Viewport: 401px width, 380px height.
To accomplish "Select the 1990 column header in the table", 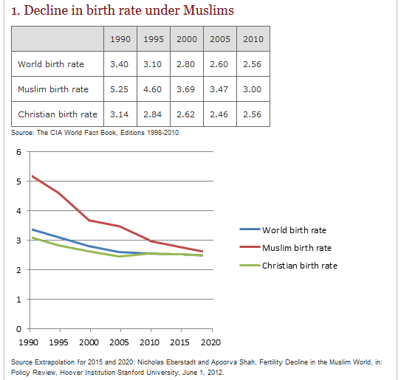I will pos(119,39).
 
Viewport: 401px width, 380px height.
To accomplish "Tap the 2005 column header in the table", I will pos(219,39).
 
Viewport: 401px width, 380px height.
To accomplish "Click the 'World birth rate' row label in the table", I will pos(51,64).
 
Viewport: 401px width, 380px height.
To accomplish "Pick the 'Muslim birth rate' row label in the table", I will pos(53,89).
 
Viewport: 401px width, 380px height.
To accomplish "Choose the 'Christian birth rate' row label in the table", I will pos(58,114).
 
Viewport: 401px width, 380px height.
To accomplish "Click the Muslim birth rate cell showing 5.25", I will pos(119,89).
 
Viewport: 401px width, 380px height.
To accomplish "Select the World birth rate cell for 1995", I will pos(152,64).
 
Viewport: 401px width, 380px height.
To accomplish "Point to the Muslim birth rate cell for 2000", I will pos(185,89).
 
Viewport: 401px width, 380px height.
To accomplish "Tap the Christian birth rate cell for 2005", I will pos(219,114).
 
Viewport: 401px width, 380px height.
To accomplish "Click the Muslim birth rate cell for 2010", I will pos(252,89).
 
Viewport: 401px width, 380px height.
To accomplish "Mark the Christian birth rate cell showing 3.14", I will pos(119,114).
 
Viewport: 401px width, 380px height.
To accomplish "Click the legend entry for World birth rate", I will pos(293,230).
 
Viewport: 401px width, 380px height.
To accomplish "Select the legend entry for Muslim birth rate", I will pos(296,248).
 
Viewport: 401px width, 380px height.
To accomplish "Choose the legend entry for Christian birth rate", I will pos(299,265).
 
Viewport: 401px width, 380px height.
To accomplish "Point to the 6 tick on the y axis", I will pos(18,152).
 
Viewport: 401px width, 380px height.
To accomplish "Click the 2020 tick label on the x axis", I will pos(211,342).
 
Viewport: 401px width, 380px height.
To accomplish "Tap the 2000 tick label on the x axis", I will pos(89,342).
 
